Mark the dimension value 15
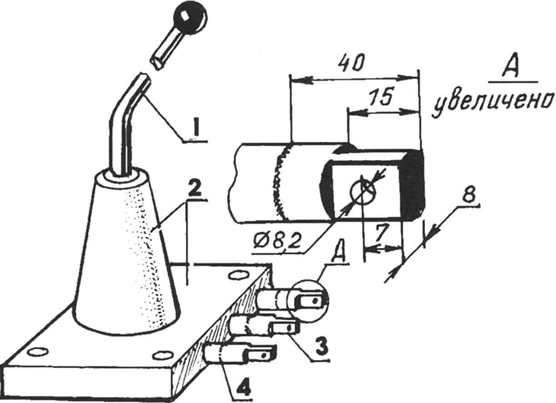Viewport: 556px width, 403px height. click(x=381, y=98)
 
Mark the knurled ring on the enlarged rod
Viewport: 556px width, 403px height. click(x=281, y=184)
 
